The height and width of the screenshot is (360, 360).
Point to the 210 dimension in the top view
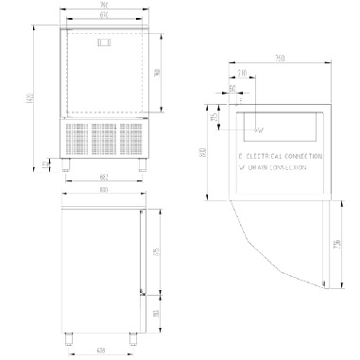(243, 73)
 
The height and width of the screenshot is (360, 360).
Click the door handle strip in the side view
(141, 250)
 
